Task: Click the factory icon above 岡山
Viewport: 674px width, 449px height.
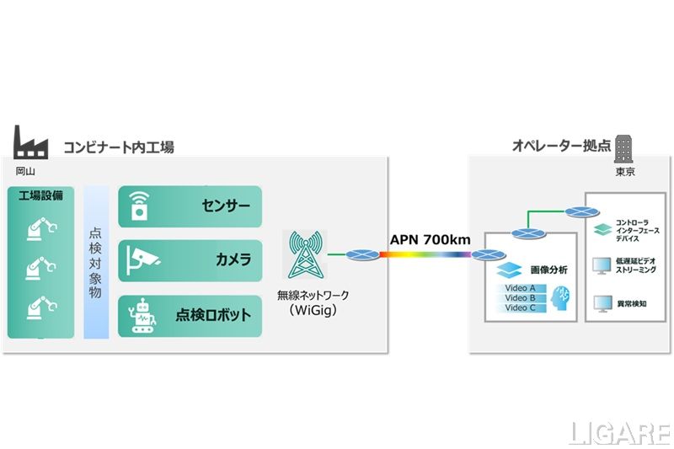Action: point(32,143)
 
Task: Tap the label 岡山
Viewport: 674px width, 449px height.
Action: point(26,171)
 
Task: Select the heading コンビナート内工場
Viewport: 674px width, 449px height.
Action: point(119,147)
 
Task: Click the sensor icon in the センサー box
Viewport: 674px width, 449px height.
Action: point(138,206)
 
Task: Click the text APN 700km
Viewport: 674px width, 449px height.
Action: point(430,240)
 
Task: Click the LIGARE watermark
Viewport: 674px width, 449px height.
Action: point(619,433)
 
